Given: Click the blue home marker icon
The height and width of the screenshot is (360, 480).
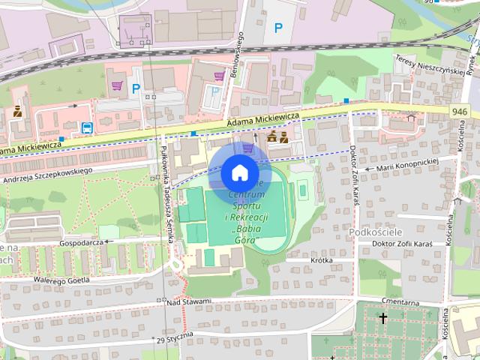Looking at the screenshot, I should point(238,172).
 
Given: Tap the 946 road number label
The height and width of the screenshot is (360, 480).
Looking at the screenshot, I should point(462,111).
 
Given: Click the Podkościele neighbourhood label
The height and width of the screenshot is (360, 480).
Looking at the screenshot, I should point(378,232).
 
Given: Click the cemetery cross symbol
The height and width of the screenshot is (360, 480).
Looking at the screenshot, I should point(383,319).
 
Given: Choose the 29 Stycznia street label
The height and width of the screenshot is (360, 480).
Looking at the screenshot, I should point(175,337).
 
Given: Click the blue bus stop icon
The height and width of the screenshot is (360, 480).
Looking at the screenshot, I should point(87,127).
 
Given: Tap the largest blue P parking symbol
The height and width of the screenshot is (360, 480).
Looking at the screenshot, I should point(278,28).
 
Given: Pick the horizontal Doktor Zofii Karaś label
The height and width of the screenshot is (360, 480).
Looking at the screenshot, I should point(403,243).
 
